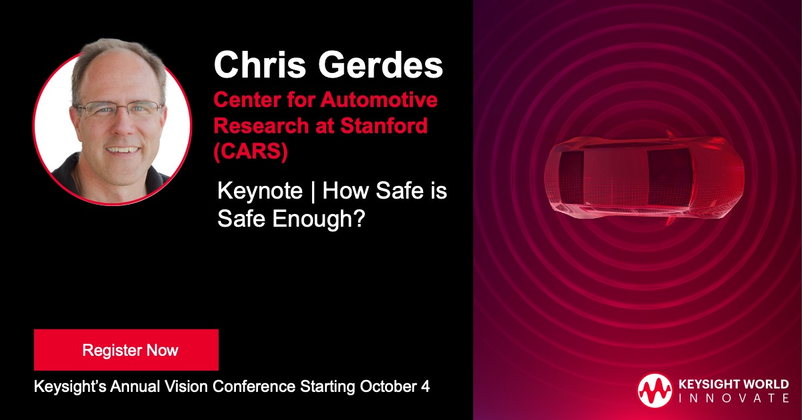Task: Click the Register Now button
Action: click(x=126, y=350)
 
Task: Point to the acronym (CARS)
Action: click(x=251, y=151)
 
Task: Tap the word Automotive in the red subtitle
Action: click(x=380, y=101)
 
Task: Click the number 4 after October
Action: click(x=425, y=387)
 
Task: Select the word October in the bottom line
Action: click(x=389, y=387)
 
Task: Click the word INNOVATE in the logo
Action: click(x=733, y=399)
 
